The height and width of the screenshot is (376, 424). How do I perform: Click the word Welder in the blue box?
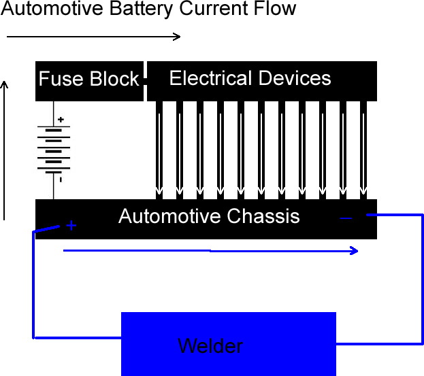pos(210,346)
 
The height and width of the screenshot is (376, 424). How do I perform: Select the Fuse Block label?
pos(88,79)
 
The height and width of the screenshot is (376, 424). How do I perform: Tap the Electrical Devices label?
pos(250,78)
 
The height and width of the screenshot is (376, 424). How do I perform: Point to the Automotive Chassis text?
pos(208,216)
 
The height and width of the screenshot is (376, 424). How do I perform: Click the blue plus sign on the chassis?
pos(71,226)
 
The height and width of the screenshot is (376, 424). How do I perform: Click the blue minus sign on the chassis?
pos(346,218)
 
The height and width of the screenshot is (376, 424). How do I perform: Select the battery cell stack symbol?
pos(53,150)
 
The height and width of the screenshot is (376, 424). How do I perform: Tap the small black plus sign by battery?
pos(61,120)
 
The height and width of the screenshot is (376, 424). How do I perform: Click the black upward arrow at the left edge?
pos(4,150)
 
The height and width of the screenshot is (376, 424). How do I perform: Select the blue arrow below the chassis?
pos(211,251)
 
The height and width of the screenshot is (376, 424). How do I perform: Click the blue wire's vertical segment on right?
pos(422,279)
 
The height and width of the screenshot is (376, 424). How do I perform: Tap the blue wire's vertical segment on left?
pos(33,286)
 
